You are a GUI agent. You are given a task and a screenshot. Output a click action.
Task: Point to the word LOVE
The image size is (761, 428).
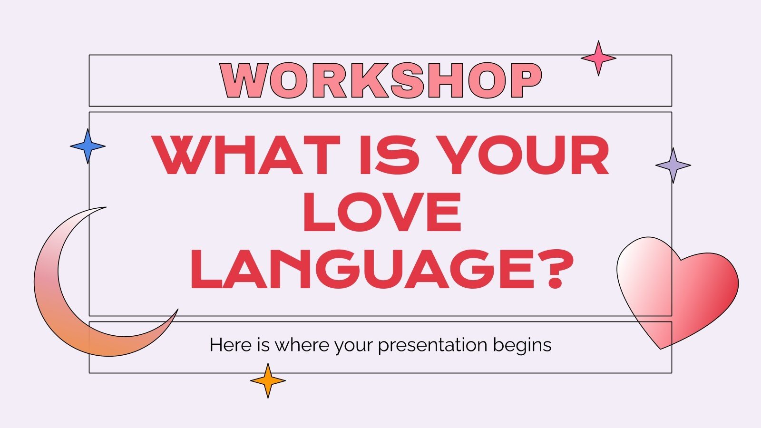coord(382,212)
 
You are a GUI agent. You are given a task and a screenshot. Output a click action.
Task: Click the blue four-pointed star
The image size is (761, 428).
coord(88,146)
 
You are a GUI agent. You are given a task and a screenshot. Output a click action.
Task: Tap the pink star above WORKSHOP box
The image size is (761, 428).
coord(598,58)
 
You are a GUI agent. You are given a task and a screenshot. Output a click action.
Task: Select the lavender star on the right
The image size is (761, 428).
coord(673,165)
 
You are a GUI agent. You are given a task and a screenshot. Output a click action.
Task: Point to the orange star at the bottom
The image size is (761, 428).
coord(268,380)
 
